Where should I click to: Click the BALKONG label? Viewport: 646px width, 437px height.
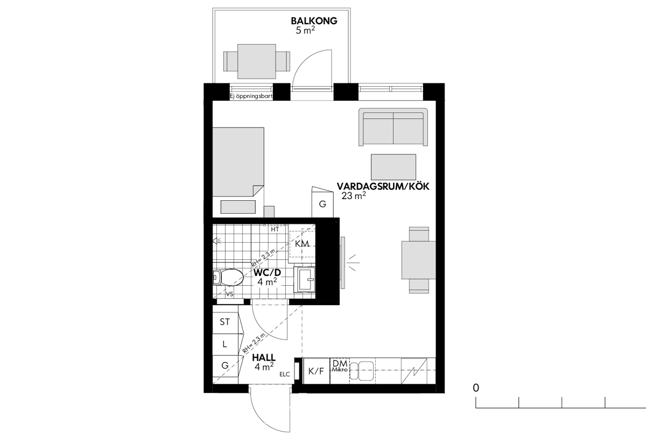(x=314, y=21)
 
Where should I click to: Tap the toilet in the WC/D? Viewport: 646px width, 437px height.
(x=228, y=277)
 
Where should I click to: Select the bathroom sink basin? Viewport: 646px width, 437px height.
(x=305, y=279)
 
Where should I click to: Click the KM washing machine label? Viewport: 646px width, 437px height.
(x=302, y=244)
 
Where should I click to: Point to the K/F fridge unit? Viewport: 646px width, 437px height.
(x=317, y=371)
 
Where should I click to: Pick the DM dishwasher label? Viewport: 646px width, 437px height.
(x=340, y=363)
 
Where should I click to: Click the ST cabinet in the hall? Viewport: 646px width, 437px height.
(x=226, y=322)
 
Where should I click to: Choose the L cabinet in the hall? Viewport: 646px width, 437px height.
(x=226, y=345)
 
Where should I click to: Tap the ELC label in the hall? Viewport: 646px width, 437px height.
(x=285, y=375)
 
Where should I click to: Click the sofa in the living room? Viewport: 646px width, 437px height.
(x=394, y=127)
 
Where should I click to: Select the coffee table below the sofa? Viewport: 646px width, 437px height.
(x=394, y=167)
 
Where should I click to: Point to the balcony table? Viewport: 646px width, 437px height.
(x=257, y=61)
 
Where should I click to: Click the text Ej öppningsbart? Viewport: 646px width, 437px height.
(x=251, y=96)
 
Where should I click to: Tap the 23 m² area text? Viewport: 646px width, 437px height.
(x=354, y=196)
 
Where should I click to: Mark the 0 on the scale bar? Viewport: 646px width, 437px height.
(x=476, y=388)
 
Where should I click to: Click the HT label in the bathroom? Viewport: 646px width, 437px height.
(x=275, y=229)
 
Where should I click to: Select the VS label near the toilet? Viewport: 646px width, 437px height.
(x=229, y=294)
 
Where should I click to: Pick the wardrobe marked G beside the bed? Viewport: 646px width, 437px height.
(x=322, y=202)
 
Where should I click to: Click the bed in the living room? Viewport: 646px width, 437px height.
(x=238, y=163)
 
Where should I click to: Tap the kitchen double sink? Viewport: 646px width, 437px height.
(x=362, y=371)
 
